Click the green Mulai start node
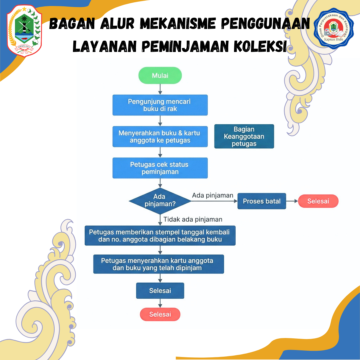(160, 75)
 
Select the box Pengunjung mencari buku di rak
(160, 105)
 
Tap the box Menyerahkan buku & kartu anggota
(160, 136)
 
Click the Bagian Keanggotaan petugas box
(244, 136)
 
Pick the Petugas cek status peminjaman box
(160, 168)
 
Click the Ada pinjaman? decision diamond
(160, 201)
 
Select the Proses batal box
(262, 201)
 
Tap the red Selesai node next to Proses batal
(318, 201)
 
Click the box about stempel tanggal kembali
(160, 236)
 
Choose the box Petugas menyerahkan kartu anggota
(158, 264)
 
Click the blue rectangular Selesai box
(160, 291)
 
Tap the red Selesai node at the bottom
(160, 314)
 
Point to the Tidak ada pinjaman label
(193, 219)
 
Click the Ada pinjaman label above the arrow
(213, 195)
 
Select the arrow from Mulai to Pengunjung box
(160, 89)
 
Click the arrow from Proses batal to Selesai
(292, 201)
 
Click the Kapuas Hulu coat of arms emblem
(24, 31)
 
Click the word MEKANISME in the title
(178, 23)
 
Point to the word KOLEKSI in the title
(260, 46)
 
